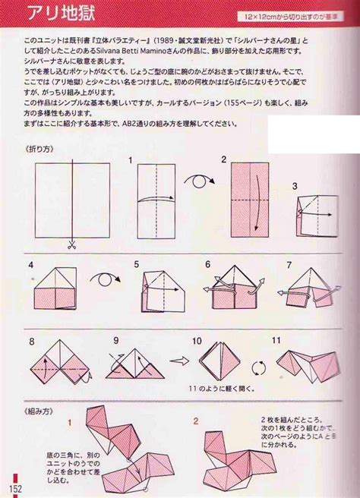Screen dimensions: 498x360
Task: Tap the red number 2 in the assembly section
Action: [195, 419]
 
